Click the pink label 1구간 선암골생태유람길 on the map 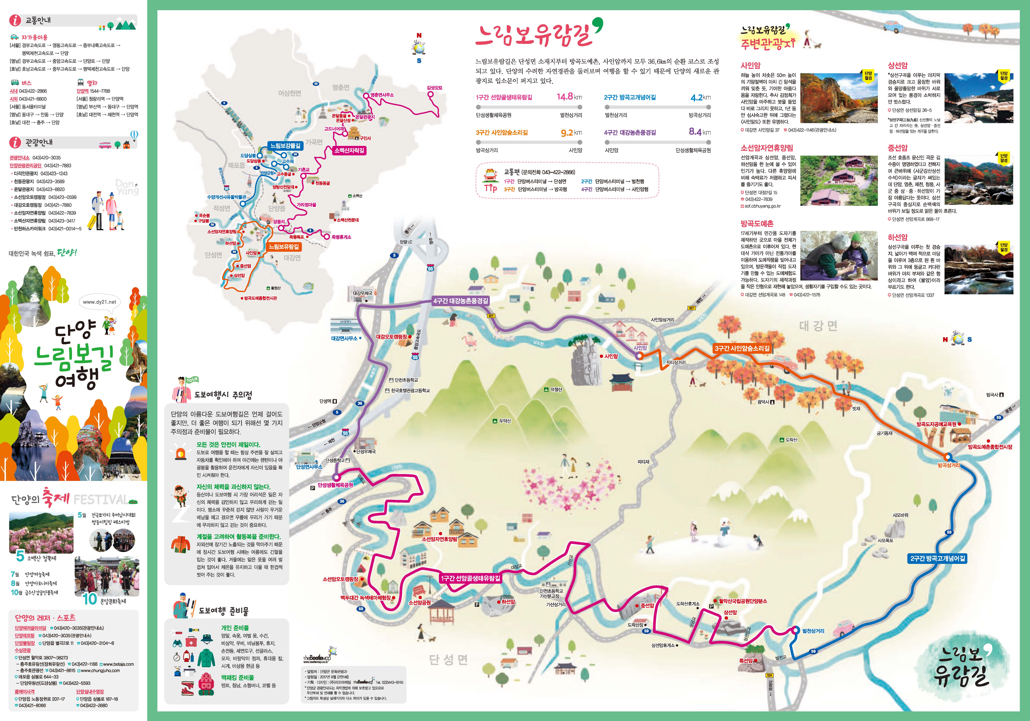pyautogui.click(x=470, y=578)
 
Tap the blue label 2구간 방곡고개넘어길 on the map pyautogui.click(x=938, y=559)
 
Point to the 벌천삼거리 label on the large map pyautogui.click(x=813, y=631)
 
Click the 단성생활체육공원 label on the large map pyautogui.click(x=336, y=485)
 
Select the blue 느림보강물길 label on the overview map pyautogui.click(x=285, y=146)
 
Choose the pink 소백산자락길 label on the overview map pyautogui.click(x=349, y=150)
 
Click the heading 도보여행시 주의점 pyautogui.click(x=223, y=395)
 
